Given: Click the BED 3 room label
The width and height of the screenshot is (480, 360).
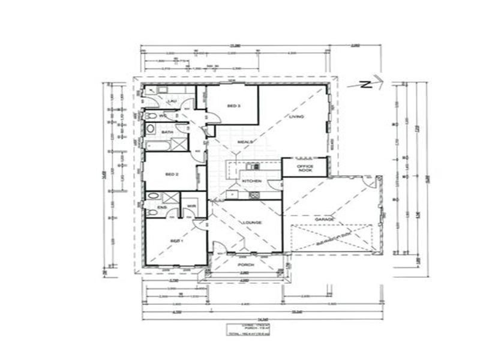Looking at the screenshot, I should [233, 106].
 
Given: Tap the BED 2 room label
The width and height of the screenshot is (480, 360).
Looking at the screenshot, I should [172, 174].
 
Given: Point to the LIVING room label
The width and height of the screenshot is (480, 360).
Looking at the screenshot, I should [297, 116].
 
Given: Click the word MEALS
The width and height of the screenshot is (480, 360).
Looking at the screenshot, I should [244, 142].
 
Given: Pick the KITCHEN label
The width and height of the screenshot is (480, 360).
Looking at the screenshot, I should [251, 180].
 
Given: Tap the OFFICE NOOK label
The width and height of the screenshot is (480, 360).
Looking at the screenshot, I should [305, 168].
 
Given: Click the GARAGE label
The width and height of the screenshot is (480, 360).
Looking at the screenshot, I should [325, 220].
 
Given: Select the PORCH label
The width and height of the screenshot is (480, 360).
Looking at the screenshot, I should [246, 265].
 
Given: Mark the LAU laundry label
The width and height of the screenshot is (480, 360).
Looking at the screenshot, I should [171, 101].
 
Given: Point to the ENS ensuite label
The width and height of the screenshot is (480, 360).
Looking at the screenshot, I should [161, 208].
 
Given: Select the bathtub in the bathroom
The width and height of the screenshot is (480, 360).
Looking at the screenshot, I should [157, 144].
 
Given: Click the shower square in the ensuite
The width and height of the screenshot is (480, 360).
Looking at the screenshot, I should [172, 199].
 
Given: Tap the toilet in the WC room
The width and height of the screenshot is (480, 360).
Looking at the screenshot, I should [151, 116].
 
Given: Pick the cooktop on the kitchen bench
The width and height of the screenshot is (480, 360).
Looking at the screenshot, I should [253, 195].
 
